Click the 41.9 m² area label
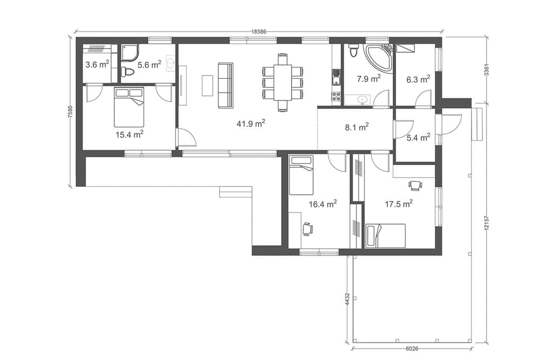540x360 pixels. tap(251, 123)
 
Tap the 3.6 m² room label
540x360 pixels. tap(97, 64)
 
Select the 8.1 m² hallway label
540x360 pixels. tap(357, 127)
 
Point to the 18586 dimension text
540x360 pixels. tap(259, 31)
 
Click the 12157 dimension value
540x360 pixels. tap(487, 225)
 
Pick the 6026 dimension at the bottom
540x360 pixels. tap(412, 348)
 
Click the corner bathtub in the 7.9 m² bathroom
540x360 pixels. tap(379, 58)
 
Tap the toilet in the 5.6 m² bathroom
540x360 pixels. tap(127, 72)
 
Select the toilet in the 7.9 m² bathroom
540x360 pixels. tap(353, 50)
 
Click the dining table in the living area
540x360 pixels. tap(283, 83)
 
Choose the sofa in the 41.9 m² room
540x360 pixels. tap(226, 85)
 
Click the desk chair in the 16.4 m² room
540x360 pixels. tap(308, 228)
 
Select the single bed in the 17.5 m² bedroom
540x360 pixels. tap(386, 236)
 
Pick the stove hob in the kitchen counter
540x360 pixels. tap(336, 97)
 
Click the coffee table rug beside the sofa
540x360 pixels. tap(208, 85)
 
